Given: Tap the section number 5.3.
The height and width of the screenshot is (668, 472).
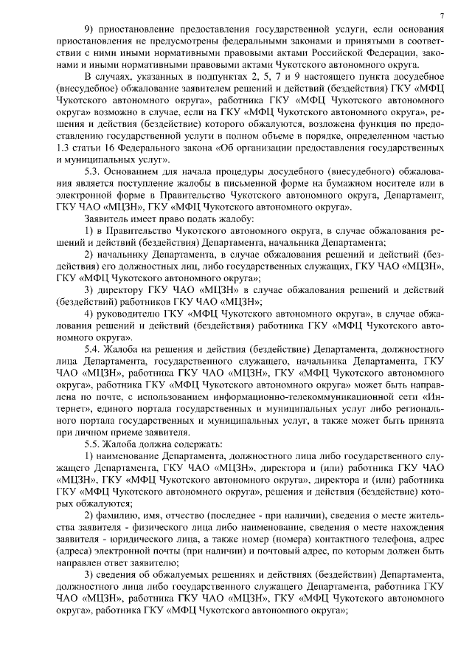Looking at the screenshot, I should [94, 170].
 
